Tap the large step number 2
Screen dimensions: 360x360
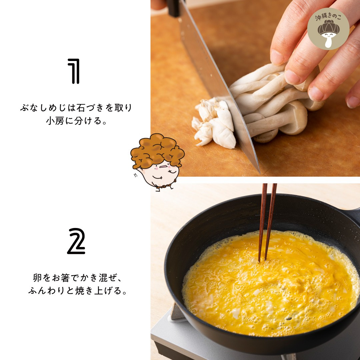(x=76, y=241)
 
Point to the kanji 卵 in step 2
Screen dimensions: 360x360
(x=37, y=278)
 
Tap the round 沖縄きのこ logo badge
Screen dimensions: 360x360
(x=328, y=29)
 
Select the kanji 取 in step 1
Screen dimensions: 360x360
(x=119, y=108)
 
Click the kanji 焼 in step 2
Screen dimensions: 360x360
(x=80, y=291)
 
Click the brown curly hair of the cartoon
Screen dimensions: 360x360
(x=157, y=150)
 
